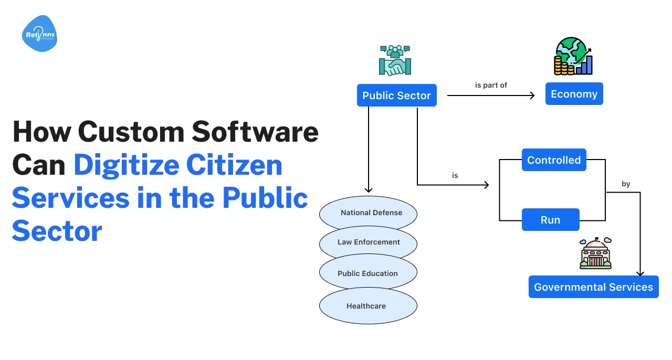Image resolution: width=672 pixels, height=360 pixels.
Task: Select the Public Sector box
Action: pyautogui.click(x=396, y=96)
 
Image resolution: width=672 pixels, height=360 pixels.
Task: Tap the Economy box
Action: pyautogui.click(x=574, y=94)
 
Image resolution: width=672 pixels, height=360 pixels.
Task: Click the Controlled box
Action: pyautogui.click(x=554, y=160)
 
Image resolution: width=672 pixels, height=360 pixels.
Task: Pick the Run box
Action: pyautogui.click(x=550, y=220)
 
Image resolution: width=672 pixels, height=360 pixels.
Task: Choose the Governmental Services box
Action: pyautogui.click(x=593, y=287)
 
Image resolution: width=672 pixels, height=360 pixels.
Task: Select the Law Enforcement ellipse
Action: pyautogui.click(x=369, y=242)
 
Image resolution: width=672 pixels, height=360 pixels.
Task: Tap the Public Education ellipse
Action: pyautogui.click(x=367, y=273)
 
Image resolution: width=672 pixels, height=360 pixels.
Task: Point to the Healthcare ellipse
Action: pyautogui.click(x=366, y=306)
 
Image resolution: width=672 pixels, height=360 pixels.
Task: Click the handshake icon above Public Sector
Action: pyautogui.click(x=395, y=61)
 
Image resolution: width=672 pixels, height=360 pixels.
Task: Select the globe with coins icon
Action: pyautogui.click(x=573, y=56)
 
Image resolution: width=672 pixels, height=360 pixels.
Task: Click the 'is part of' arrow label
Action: pyautogui.click(x=491, y=85)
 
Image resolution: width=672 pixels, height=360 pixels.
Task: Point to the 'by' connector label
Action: pyautogui.click(x=626, y=184)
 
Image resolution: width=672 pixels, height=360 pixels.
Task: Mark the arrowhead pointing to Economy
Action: pyautogui.click(x=532, y=96)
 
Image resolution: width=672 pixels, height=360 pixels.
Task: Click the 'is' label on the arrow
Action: pyautogui.click(x=455, y=175)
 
